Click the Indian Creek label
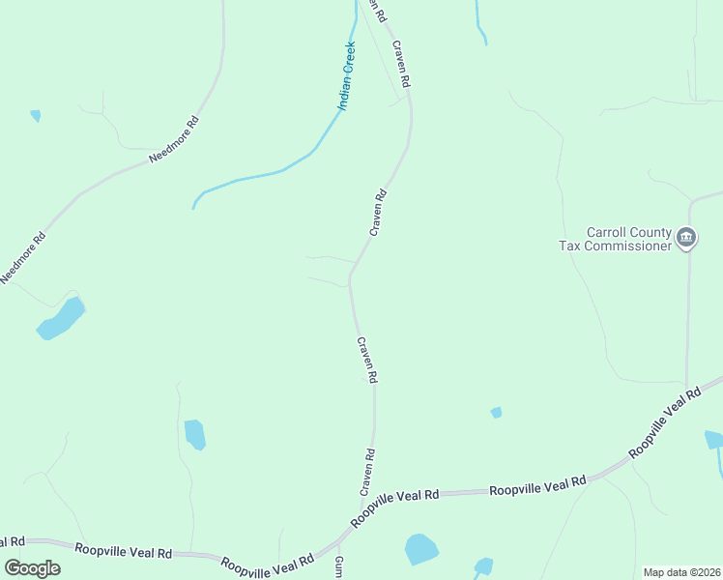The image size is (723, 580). pyautogui.click(x=346, y=77)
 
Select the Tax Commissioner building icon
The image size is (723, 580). pyautogui.click(x=686, y=237)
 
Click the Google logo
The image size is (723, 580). pyautogui.click(x=32, y=568)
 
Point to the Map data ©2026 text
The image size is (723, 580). pyautogui.click(x=681, y=572)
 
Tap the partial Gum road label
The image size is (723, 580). pyautogui.click(x=338, y=567)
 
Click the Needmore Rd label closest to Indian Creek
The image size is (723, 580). pyautogui.click(x=174, y=139)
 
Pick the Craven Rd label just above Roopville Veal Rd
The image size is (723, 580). pyautogui.click(x=367, y=472)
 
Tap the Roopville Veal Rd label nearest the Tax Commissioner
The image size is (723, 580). pyautogui.click(x=664, y=423)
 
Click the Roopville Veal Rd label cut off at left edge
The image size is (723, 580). pyautogui.click(x=12, y=542)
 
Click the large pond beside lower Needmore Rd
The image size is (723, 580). pyautogui.click(x=61, y=318)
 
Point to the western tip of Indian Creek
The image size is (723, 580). pyautogui.click(x=194, y=206)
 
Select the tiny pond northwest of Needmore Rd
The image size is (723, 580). pyautogui.click(x=36, y=116)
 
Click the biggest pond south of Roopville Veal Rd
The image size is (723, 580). pyautogui.click(x=421, y=548)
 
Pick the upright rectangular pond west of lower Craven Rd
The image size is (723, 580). pyautogui.click(x=194, y=434)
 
